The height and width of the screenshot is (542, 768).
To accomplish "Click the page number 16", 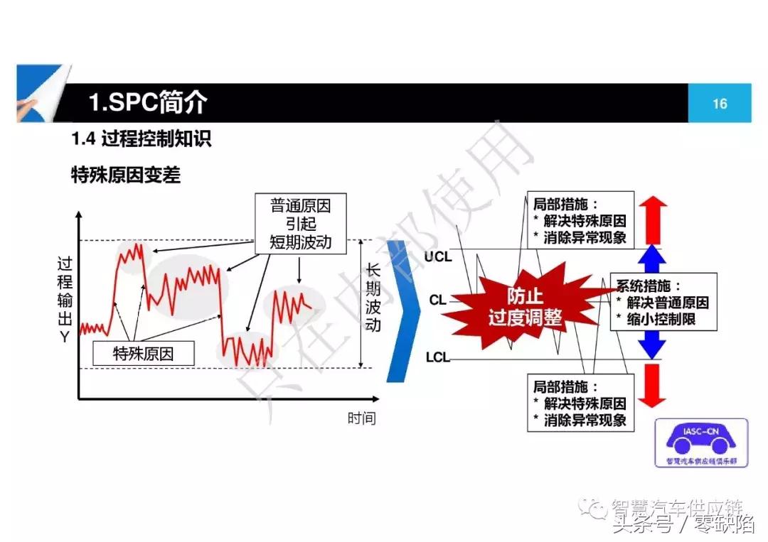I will coord(720,104).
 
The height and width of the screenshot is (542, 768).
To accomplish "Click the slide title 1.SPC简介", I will coord(148,103).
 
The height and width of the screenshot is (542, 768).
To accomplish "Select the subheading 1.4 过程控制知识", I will coord(142,139).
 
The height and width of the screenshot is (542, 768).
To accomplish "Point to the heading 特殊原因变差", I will coord(126,175).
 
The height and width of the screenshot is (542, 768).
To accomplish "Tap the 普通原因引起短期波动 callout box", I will coord(300,224).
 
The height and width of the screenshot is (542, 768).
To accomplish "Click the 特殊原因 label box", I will coord(143,352).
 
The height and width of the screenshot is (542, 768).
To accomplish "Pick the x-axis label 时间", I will coord(361,418).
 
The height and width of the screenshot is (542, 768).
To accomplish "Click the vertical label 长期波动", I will coord(373,298).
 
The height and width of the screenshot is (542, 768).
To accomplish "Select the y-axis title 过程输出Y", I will coord(65,299).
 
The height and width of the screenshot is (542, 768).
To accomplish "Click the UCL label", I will coord(438,256).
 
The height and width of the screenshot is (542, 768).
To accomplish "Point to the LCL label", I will coord(438,357).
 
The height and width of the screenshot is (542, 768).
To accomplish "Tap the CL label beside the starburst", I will coord(438,300).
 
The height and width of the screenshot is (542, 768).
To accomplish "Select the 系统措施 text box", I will coord(663,303).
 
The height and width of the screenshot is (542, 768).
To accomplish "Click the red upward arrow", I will coord(652,219).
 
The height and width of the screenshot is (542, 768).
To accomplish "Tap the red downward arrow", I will coord(652,384).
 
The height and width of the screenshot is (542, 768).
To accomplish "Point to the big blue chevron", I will coord(402,310).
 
